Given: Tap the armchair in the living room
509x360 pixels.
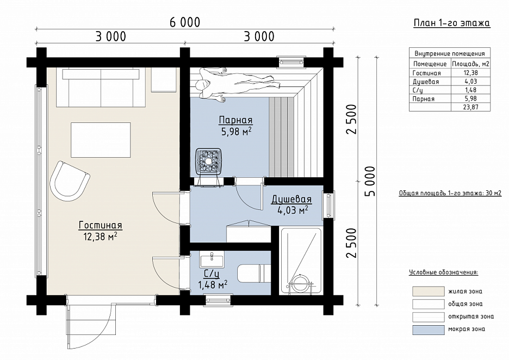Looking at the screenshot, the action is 69,179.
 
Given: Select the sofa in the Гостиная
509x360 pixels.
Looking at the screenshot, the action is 101,88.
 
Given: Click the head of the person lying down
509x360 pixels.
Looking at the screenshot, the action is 201,85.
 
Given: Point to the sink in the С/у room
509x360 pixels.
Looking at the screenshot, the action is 212,259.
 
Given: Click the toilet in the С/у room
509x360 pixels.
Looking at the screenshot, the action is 254,273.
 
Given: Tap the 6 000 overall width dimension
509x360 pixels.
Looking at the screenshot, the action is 185,22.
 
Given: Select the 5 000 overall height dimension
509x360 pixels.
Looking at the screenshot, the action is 370,182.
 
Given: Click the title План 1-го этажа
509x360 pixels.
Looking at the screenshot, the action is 451,23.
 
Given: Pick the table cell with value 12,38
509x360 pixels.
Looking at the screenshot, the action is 471,73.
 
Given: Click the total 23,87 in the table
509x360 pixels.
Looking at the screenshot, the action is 471,107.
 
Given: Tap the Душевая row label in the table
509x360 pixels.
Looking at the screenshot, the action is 426,82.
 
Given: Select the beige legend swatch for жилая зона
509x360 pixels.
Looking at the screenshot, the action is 429,291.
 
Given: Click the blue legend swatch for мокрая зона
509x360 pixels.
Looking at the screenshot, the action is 429,330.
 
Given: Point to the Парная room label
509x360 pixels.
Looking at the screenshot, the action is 235,120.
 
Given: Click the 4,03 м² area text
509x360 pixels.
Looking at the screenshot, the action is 293,210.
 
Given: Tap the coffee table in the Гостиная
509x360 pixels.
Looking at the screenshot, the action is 101,140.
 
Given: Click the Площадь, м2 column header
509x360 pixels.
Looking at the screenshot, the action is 471,64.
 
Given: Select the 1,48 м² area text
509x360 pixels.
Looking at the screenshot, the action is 213,285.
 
